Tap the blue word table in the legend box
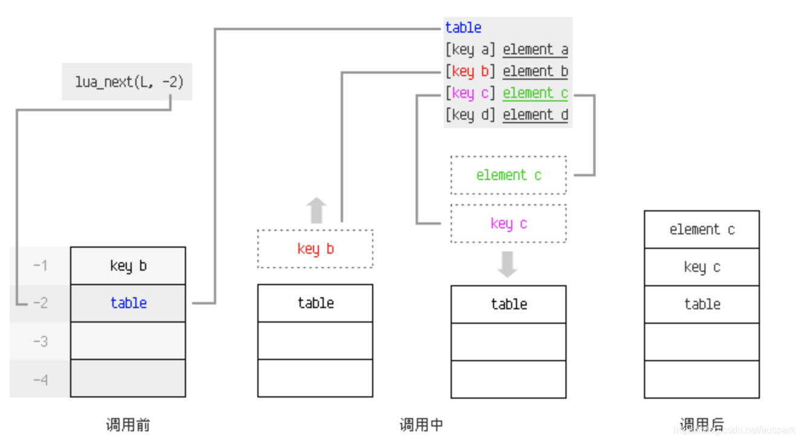point(463,28)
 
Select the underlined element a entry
point(535,50)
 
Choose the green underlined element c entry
point(535,93)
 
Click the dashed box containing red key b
point(315,249)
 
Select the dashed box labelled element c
point(509,175)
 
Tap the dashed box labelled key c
point(509,224)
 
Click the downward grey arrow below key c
point(507,264)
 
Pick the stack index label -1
point(40,266)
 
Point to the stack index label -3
point(40,341)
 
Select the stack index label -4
point(40,379)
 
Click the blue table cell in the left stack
point(128,303)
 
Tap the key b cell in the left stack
point(128,266)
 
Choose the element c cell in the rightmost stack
point(702,230)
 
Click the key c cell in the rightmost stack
point(702,267)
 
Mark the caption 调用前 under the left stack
point(128,425)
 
